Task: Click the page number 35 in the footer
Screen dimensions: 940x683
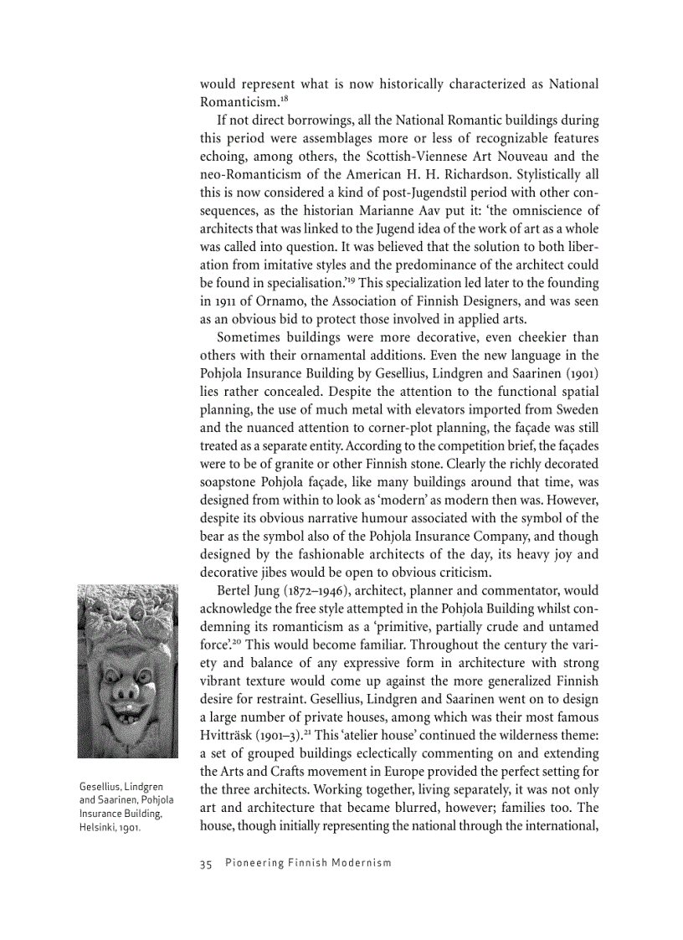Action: (206, 863)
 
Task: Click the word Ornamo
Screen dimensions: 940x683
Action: (256, 301)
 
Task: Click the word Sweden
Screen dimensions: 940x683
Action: (576, 409)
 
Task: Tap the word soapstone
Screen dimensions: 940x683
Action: (229, 482)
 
